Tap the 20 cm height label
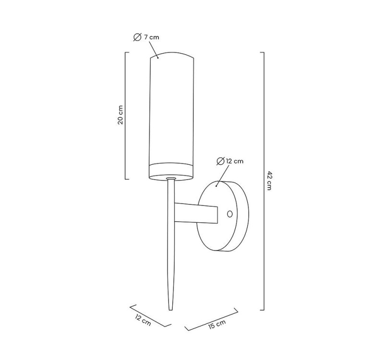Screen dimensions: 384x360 120,115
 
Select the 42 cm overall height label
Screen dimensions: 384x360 269,181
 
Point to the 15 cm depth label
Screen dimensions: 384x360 217,324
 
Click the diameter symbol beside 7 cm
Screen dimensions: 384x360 137,37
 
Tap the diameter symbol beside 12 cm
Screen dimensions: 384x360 220,161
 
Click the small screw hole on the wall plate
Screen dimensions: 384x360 230,214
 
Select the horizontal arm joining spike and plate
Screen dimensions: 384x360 196,213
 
